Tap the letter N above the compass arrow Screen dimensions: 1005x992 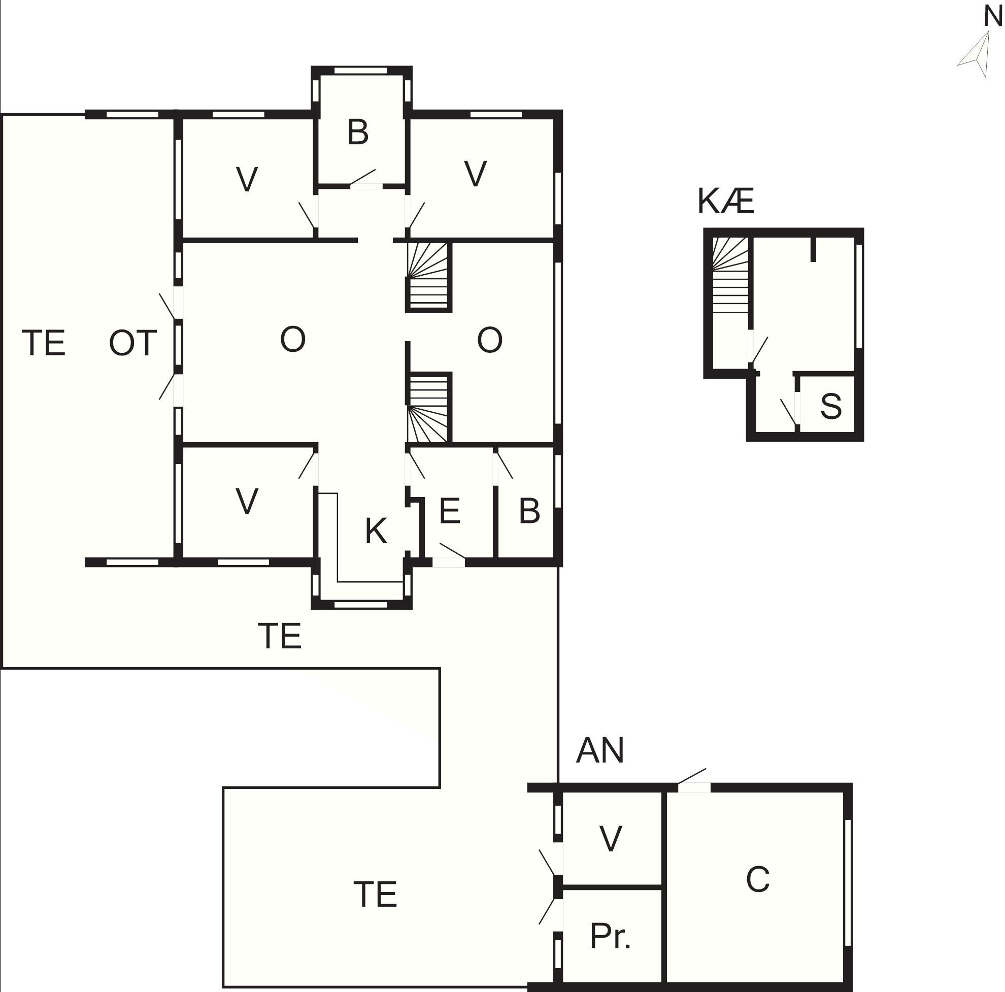pyautogui.click(x=993, y=17)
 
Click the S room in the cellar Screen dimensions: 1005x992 pyautogui.click(x=830, y=406)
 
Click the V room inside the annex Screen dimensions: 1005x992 pyautogui.click(x=610, y=839)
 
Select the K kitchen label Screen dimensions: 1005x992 pyautogui.click(x=376, y=531)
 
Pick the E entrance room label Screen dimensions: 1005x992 pyautogui.click(x=449, y=511)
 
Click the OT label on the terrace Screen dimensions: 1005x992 pyautogui.click(x=132, y=343)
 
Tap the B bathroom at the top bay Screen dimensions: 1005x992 pyautogui.click(x=358, y=132)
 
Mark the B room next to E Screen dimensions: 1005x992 pyautogui.click(x=529, y=511)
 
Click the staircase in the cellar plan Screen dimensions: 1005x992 pyautogui.click(x=730, y=275)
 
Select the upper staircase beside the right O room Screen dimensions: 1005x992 pyautogui.click(x=427, y=276)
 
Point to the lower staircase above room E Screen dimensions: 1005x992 pyautogui.click(x=427, y=409)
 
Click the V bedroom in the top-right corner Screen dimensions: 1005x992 pyautogui.click(x=475, y=173)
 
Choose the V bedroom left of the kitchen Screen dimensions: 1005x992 pyautogui.click(x=247, y=501)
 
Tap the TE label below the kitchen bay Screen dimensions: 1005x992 pyautogui.click(x=279, y=636)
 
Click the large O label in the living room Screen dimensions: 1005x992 pyautogui.click(x=292, y=339)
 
